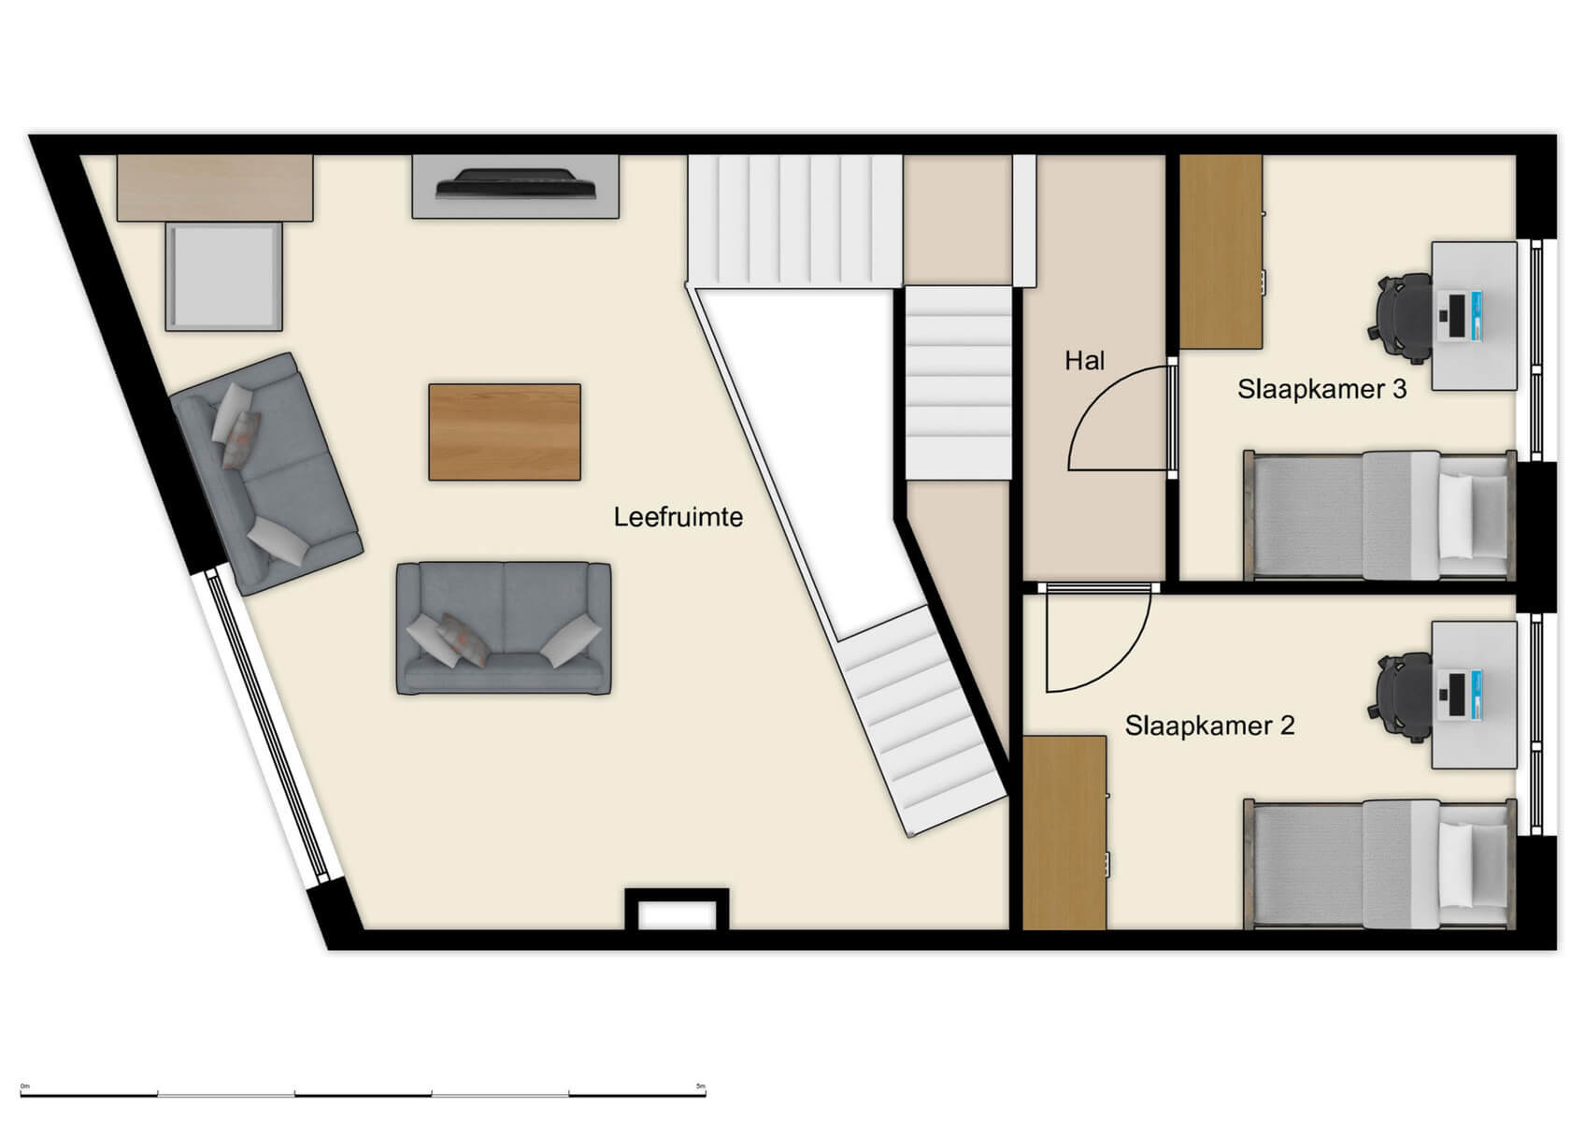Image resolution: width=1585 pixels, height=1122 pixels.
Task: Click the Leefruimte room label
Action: [x=678, y=517]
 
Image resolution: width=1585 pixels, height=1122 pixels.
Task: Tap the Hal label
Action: [x=1084, y=361]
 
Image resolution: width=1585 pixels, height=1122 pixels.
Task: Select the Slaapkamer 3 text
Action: [x=1321, y=389]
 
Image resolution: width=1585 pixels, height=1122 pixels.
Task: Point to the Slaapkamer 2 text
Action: [x=1209, y=726]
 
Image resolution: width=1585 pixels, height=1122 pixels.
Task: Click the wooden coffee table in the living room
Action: [x=505, y=432]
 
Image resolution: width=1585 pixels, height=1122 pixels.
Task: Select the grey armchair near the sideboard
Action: [x=224, y=277]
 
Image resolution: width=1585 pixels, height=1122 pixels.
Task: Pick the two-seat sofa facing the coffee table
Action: [x=504, y=628]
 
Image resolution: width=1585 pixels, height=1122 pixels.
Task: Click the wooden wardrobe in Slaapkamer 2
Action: [x=1064, y=832]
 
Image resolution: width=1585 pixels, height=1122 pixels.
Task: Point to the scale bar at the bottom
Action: [x=364, y=1092]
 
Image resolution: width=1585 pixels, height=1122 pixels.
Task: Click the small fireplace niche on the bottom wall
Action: [x=677, y=911]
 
